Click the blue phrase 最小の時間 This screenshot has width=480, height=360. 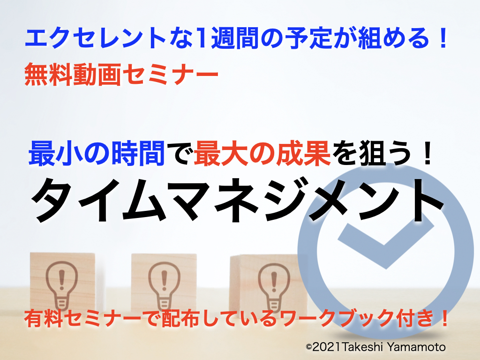pos(97,153)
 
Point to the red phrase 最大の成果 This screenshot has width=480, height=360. pos(262,153)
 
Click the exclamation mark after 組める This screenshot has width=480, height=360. pos(442,38)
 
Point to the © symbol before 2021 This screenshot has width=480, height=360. pos(309,347)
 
